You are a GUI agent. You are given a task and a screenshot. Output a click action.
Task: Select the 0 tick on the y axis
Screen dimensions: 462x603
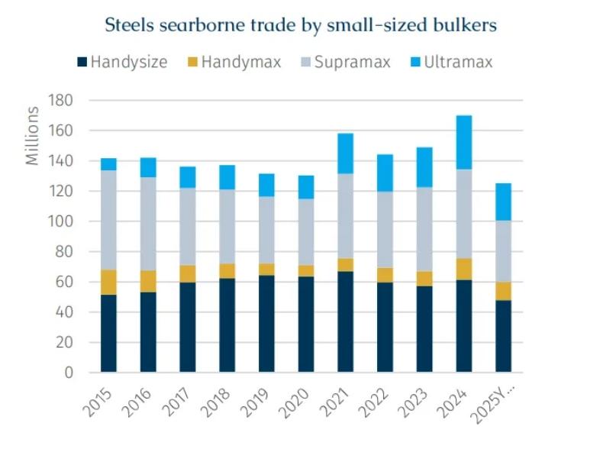[68, 373]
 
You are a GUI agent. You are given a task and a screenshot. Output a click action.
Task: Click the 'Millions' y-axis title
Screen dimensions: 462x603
[32, 136]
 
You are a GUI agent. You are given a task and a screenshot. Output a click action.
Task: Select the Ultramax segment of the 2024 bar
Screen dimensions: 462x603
[464, 142]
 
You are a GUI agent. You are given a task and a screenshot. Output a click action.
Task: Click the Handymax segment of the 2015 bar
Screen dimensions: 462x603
[108, 282]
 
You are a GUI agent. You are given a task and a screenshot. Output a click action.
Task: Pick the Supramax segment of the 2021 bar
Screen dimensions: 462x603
[346, 216]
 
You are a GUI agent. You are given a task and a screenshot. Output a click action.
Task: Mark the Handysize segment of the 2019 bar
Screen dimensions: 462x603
[266, 324]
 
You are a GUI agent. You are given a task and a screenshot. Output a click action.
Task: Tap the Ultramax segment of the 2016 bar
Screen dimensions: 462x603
[148, 167]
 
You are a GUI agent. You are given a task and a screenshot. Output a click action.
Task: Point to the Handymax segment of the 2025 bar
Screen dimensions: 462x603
[504, 291]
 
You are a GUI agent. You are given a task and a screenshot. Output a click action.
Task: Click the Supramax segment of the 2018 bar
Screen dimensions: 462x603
[227, 226]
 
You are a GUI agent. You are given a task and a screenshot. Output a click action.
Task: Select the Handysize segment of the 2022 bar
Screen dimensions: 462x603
[385, 327]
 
